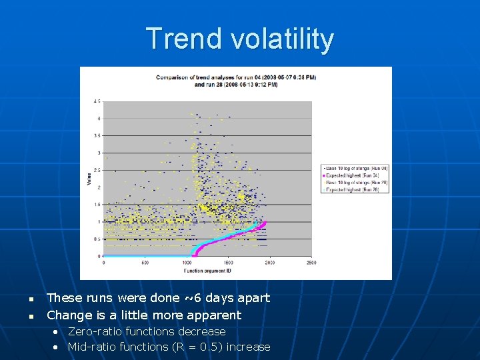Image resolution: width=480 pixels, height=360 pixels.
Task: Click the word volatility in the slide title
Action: click(283, 39)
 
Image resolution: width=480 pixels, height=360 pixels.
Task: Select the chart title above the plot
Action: click(236, 81)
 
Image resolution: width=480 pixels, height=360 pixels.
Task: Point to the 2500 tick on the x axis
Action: click(311, 263)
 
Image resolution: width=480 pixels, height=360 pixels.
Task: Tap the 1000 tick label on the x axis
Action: click(187, 263)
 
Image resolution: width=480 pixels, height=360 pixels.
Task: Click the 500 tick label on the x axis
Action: click(145, 263)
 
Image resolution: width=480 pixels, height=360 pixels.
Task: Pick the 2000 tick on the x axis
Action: click(269, 263)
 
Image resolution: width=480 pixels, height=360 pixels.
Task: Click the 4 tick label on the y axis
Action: click(99, 119)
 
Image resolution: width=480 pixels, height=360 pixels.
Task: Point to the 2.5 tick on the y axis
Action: click(97, 170)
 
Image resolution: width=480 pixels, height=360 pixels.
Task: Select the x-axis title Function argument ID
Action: click(207, 271)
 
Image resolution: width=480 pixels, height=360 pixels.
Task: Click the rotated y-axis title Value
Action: click(89, 179)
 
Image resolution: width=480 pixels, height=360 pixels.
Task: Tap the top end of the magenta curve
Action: click(266, 222)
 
